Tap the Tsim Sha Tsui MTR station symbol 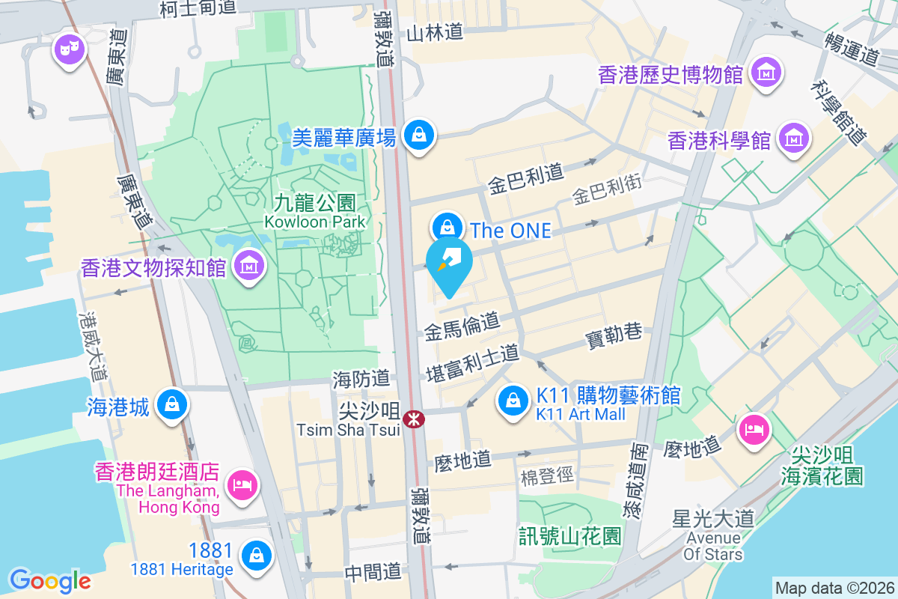[x=412, y=419]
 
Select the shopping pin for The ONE [x=448, y=226]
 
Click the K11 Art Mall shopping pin [x=514, y=401]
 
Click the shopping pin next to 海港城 [x=173, y=404]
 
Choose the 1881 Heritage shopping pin [x=257, y=556]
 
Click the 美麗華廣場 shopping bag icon [x=418, y=136]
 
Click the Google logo [x=50, y=580]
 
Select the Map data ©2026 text [x=833, y=588]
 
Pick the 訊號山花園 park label [x=570, y=536]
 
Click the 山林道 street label [x=435, y=31]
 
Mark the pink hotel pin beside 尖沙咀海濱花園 [x=752, y=429]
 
